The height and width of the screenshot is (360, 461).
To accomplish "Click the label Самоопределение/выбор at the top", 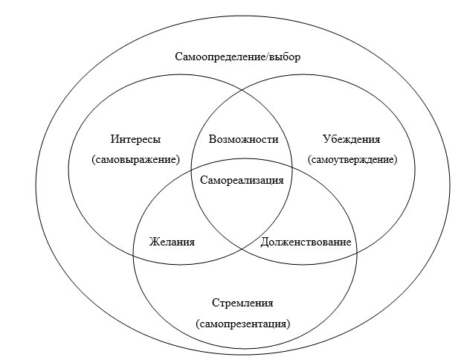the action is pos(237,57).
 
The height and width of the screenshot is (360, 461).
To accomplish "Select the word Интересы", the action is pos(135,139).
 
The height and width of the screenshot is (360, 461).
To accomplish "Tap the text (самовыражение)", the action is pos(135,160).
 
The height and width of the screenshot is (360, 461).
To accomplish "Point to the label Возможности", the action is pos(243,139).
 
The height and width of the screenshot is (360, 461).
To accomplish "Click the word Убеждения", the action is pos(352,139).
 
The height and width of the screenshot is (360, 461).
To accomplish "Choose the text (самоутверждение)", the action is pos(352,160).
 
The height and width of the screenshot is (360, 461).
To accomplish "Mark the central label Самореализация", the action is pos(242,180).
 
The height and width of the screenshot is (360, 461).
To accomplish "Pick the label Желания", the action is pos(172,242).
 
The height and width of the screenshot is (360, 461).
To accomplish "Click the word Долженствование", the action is pos(306,242).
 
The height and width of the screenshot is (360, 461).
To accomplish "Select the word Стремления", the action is pos(242,303).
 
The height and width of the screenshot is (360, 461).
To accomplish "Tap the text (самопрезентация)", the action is pos(243,324).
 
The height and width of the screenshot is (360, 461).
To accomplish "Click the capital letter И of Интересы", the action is pos(115,139).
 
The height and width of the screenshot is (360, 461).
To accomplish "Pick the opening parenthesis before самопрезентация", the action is pos(197,324).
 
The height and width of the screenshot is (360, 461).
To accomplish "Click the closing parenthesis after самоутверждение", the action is pos(396,160).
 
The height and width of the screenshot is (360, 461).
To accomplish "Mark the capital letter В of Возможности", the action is pos(212,139).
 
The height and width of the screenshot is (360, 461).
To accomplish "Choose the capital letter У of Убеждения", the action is pos(326,139).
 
